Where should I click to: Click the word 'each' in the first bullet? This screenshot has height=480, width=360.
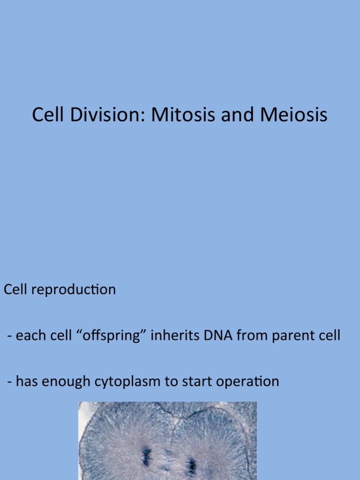(29, 336)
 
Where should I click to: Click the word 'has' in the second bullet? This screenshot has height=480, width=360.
(26, 382)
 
